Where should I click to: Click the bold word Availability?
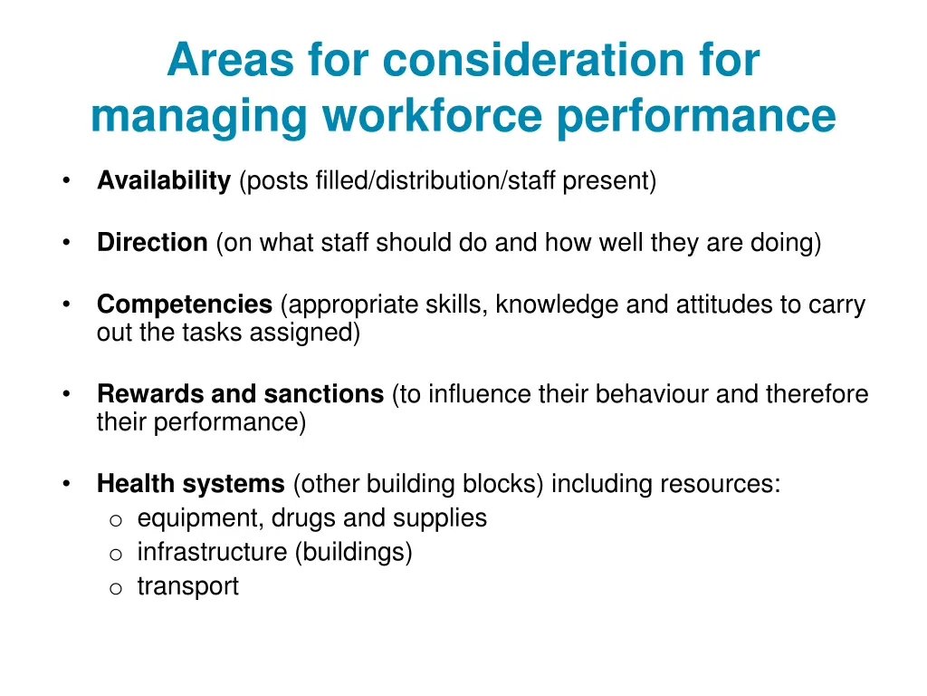164,181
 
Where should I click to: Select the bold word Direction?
152,243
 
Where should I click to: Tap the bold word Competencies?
185,304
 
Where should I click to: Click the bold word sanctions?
323,394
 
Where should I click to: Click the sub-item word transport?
187,586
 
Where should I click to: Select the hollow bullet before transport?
115,588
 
